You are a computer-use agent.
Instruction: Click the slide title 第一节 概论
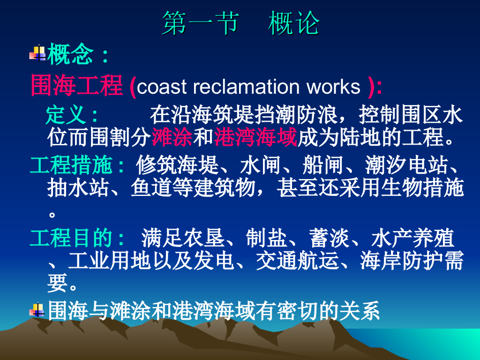click(x=240, y=23)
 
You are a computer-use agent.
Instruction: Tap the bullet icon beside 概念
click(x=37, y=53)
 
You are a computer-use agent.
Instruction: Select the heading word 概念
click(x=70, y=54)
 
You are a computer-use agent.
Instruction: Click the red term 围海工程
click(x=76, y=85)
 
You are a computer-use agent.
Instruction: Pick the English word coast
click(x=161, y=87)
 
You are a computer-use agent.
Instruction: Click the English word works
click(x=333, y=87)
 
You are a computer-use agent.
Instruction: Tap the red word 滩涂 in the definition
click(x=172, y=137)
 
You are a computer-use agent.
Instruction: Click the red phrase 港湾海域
click(x=255, y=137)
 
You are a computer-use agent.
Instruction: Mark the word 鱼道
click(x=151, y=187)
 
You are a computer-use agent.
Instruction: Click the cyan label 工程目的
click(x=71, y=238)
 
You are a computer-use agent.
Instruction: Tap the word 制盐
click(x=266, y=238)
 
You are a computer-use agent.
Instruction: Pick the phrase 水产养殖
click(x=412, y=238)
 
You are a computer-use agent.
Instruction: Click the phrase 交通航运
click(x=297, y=261)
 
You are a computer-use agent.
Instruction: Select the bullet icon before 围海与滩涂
click(x=37, y=310)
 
